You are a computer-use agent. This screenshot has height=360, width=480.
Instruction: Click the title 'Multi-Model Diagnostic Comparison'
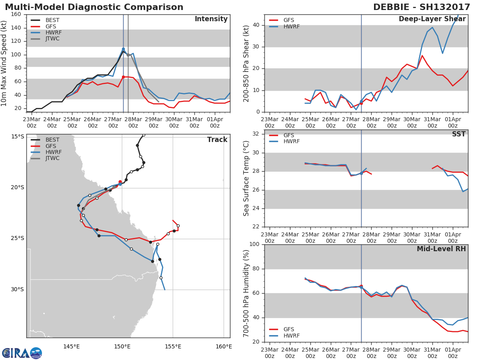94,7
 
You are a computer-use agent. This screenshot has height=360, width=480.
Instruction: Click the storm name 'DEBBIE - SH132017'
422,7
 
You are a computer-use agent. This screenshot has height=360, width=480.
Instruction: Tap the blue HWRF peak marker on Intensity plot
123,49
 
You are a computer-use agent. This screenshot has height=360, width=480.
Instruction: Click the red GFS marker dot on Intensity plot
123,77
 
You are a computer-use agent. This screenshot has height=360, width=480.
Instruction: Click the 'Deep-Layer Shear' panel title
432,19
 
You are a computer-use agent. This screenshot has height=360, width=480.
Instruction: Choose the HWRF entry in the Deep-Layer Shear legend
284,26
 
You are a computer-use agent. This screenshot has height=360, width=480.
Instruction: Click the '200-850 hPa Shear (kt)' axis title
246,64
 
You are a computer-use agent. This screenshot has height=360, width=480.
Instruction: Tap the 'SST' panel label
459,134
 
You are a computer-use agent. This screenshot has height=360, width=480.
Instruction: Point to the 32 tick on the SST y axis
256,134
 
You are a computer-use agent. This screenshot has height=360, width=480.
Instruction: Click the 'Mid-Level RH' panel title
441,249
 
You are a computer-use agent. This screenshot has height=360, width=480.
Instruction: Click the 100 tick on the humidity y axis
254,244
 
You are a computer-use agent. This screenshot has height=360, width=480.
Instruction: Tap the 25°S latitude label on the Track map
18,238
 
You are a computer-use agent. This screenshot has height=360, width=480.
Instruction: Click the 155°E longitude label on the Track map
173,346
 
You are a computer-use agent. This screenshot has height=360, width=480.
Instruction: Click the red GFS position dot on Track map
120,182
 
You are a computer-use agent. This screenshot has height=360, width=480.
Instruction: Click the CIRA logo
22,353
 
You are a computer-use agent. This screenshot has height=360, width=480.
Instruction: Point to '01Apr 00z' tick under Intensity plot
215,122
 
